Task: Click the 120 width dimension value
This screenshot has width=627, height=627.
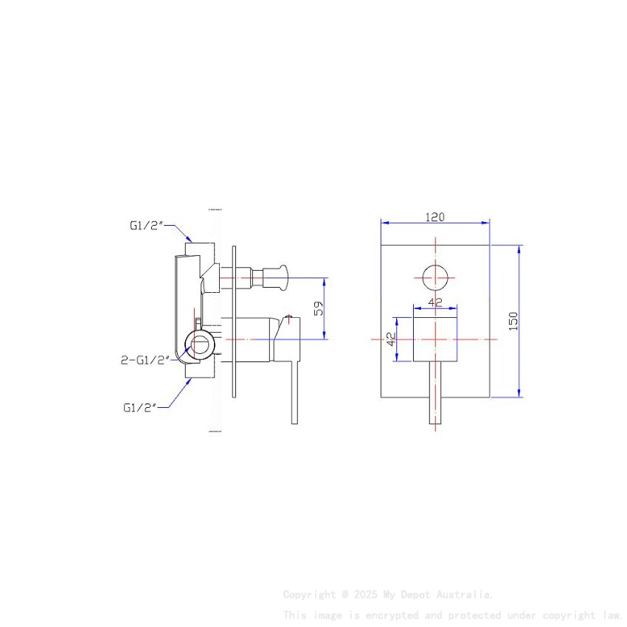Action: (x=435, y=217)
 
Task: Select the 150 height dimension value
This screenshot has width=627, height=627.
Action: (x=514, y=321)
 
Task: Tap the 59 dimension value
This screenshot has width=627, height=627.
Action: (x=319, y=308)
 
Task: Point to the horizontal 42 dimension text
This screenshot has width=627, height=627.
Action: (x=435, y=302)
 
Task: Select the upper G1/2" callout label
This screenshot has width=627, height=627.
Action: (x=145, y=226)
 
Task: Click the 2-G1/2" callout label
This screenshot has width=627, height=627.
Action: (x=145, y=360)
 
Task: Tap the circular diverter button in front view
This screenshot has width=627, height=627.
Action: (x=435, y=278)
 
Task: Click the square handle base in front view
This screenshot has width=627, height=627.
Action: (x=435, y=339)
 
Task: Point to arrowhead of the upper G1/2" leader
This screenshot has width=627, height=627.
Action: (x=191, y=240)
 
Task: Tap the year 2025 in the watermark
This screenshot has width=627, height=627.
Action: (x=367, y=595)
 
